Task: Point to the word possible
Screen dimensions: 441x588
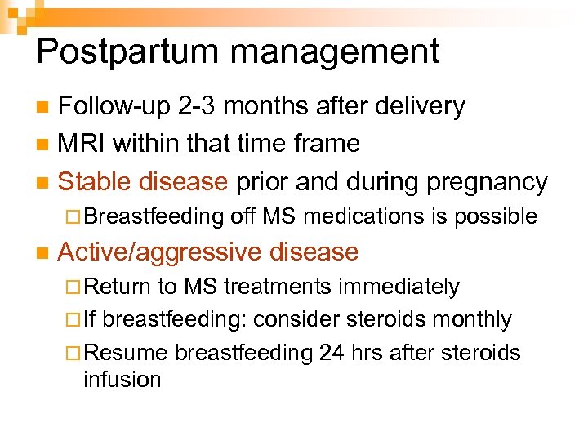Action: click(495, 216)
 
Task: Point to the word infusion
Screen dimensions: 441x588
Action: click(122, 380)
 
